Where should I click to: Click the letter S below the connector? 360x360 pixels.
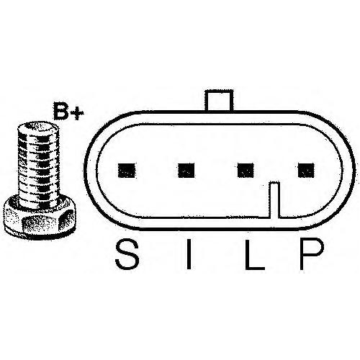pyautogui.click(x=127, y=254)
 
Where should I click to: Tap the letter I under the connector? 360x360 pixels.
pyautogui.click(x=189, y=254)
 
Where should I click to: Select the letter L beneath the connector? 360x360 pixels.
pyautogui.click(x=254, y=254)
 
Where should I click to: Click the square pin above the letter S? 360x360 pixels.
pyautogui.click(x=127, y=171)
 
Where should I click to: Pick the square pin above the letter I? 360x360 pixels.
pyautogui.click(x=186, y=171)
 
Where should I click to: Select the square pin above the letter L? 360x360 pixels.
pyautogui.click(x=246, y=170)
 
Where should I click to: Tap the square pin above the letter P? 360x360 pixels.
pyautogui.click(x=306, y=170)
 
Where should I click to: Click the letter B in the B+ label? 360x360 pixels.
pyautogui.click(x=62, y=111)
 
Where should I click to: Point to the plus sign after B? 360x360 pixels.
pyautogui.click(x=77, y=114)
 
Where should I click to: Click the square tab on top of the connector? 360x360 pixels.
pyautogui.click(x=219, y=100)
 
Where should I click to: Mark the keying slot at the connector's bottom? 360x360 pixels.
pyautogui.click(x=274, y=200)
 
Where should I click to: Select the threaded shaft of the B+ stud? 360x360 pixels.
pyautogui.click(x=38, y=166)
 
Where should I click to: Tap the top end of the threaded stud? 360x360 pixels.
pyautogui.click(x=38, y=127)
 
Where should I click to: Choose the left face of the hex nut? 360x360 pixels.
pyautogui.click(x=12, y=218)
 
